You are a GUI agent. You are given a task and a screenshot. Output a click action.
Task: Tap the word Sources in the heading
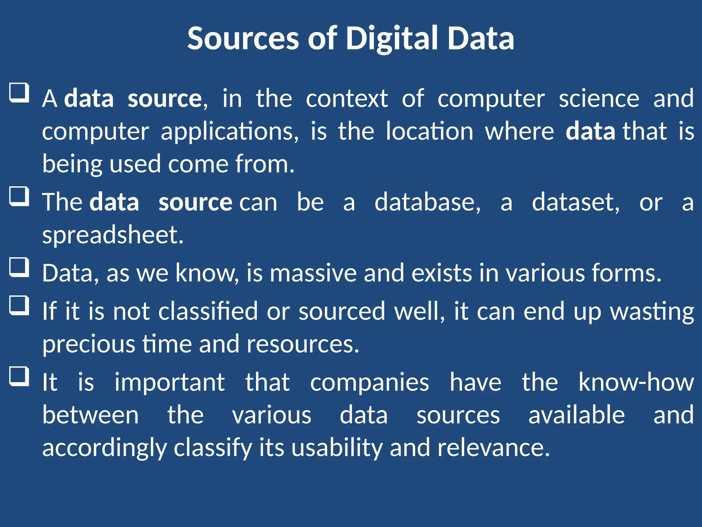click(x=243, y=38)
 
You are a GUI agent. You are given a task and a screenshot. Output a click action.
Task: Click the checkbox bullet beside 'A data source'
click(x=19, y=93)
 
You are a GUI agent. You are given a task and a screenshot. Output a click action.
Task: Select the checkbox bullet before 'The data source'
click(x=19, y=196)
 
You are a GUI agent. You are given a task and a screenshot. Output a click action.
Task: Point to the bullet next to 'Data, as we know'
click(x=19, y=267)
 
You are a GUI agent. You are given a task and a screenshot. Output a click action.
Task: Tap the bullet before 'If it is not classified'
click(x=19, y=305)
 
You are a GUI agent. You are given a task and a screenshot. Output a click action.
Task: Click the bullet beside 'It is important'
click(x=19, y=376)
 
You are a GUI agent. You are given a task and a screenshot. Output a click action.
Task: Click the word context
click(x=347, y=99)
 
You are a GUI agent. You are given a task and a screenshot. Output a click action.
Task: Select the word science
click(x=599, y=99)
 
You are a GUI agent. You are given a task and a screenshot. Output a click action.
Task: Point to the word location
click(x=429, y=131)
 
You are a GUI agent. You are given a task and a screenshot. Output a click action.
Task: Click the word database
click(x=427, y=202)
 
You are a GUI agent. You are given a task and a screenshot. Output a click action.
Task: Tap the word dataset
click(x=576, y=202)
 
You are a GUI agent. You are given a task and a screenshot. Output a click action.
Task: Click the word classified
click(x=208, y=312)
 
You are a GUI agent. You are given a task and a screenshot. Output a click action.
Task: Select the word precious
click(x=89, y=344)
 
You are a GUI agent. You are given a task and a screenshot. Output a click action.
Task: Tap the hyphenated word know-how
click(x=636, y=382)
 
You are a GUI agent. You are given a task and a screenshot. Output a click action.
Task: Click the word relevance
click(x=494, y=448)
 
